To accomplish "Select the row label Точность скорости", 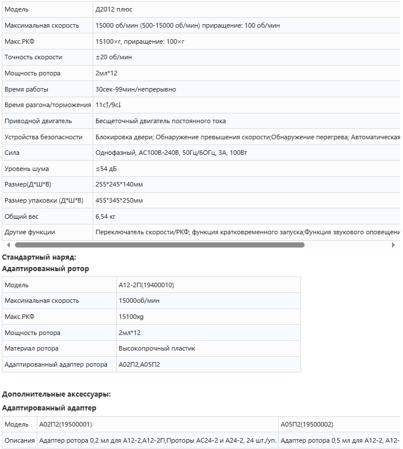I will click(33, 58).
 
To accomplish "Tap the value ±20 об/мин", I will click(113, 58).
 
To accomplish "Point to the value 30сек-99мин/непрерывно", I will click(136, 89).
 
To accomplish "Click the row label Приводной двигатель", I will click(38, 121).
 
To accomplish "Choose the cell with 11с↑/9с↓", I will click(108, 105).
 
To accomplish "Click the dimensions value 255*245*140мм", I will click(119, 185).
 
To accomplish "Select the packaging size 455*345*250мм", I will click(119, 200).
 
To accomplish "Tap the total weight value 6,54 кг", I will click(106, 216).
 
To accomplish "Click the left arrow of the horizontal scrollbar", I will click(8, 245).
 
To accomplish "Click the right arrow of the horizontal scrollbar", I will click(393, 245).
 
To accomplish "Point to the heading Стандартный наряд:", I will click(39, 257).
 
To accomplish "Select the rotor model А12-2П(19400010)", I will click(146, 285).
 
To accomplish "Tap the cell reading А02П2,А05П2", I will click(139, 364).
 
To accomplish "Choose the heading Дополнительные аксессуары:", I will click(56, 394).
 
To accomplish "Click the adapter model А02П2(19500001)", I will click(66, 425).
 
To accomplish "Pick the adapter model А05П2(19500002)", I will click(307, 425).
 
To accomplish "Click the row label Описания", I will click(20, 441).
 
